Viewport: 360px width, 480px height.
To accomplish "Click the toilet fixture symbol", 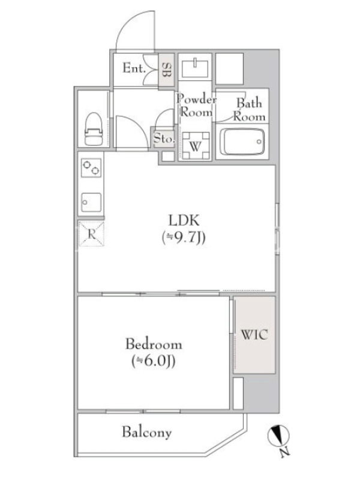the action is pos(93,128).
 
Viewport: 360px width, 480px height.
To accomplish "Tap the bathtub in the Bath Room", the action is pos(242,142).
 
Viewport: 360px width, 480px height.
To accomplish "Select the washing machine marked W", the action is pos(195,146).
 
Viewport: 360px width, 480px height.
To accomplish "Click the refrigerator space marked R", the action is pos(92,234).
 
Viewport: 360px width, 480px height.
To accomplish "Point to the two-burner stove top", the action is pos(91,168).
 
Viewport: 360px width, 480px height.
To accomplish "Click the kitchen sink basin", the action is pos(91,202).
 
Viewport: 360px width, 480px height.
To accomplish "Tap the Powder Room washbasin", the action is pos(195,68).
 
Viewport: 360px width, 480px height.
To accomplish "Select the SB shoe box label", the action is pos(166,70).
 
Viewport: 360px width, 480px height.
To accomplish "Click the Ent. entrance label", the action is pos(134,68).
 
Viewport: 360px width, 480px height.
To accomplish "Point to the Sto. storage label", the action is pos(164,139).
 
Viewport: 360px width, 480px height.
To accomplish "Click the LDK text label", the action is pos(184,220).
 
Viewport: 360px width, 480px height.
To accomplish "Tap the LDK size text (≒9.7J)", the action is pos(184,238).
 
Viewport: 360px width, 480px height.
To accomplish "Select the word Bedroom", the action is pos(154,344).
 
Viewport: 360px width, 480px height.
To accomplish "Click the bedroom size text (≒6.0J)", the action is pos(154,362).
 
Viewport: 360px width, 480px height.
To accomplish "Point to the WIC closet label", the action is pos(254,335).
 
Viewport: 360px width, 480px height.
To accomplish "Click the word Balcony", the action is pos(146,433).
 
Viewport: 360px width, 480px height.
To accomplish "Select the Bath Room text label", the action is pos(249,110).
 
